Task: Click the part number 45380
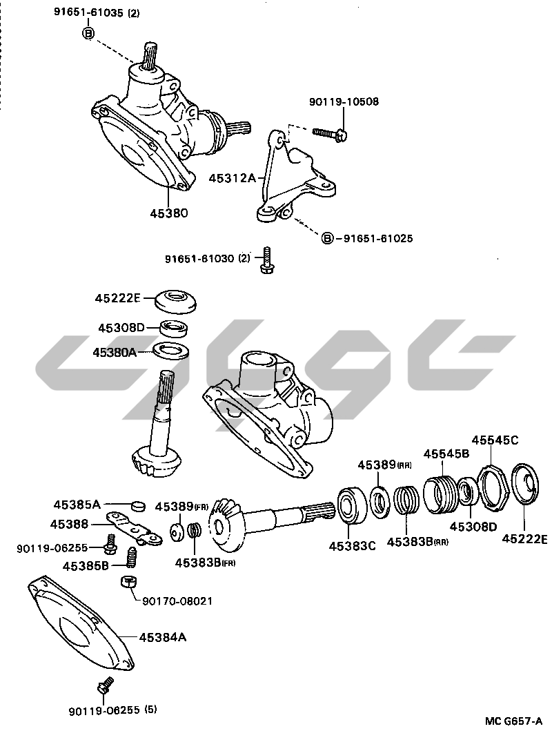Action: coord(168,213)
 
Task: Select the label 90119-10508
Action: coord(344,101)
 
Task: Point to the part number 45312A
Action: coord(233,178)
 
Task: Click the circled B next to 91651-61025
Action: coord(327,238)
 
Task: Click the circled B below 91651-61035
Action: coord(89,33)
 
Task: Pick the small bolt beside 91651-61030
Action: coord(266,260)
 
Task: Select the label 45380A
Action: coord(115,352)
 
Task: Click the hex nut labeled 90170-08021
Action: coord(128,583)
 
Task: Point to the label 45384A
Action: coord(163,637)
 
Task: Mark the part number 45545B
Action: coord(446,453)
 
